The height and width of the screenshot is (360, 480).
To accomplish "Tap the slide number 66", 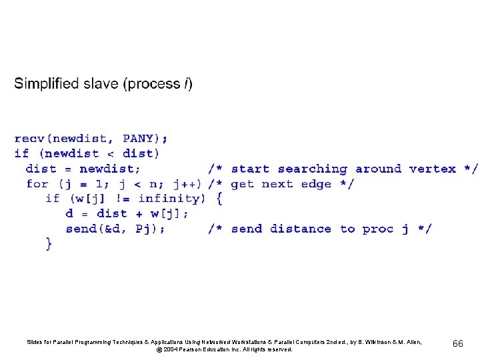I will [x=458, y=343].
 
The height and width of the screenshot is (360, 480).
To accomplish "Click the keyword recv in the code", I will [x=30, y=139].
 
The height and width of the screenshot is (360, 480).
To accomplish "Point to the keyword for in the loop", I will [x=37, y=184].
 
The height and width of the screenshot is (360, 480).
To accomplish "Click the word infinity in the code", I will [x=169, y=199].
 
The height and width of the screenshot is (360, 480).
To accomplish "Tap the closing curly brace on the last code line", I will [x=49, y=244].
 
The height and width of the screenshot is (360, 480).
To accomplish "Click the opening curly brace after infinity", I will [x=219, y=199].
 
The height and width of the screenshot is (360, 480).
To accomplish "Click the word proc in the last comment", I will [x=378, y=229].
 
